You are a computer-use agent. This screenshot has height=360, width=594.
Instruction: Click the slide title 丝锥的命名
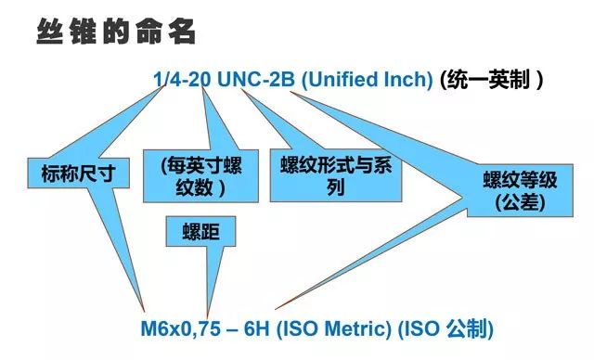coord(116,32)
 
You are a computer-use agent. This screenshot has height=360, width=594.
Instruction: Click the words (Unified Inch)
coord(368,80)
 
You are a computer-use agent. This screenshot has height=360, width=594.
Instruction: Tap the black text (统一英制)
coord(490,80)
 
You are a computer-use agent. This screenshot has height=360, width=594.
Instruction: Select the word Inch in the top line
coord(414,80)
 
